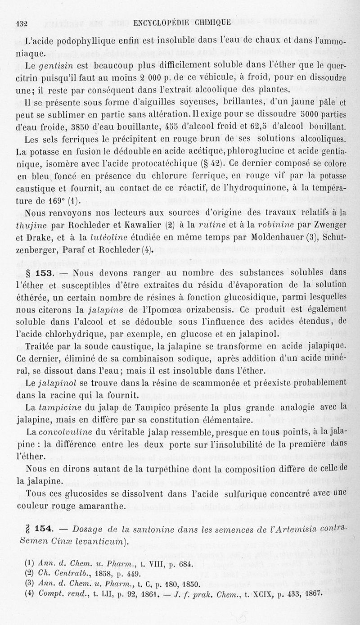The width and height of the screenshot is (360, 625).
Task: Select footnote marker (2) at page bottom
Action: (30, 574)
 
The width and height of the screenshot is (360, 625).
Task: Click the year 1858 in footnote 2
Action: (104, 574)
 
